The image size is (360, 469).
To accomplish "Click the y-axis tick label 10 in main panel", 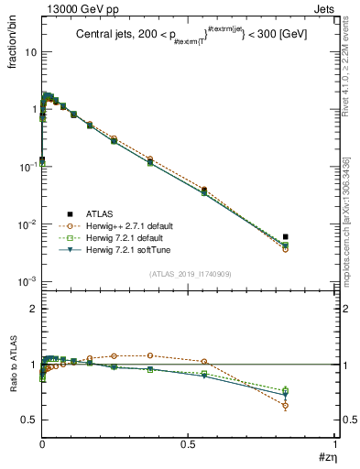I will [x=30, y=52].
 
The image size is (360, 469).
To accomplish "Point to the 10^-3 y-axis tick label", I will [x=27, y=281].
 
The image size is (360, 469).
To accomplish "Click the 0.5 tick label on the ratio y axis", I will [x=27, y=420].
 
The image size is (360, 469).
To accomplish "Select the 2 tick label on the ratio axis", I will [x=32, y=310].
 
